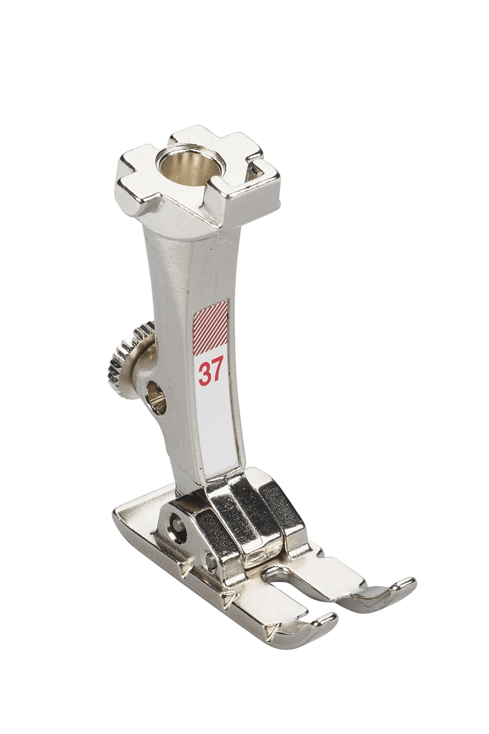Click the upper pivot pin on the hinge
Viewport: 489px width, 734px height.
click(x=176, y=518)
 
